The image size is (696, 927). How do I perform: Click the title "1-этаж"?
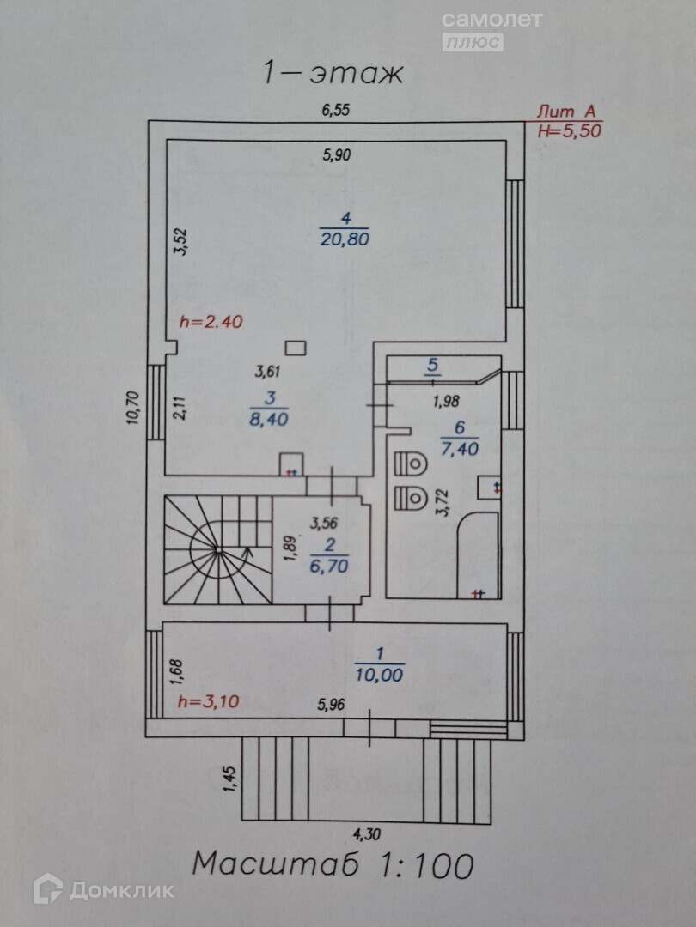pyautogui.click(x=333, y=74)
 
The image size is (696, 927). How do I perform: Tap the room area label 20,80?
pyautogui.click(x=344, y=239)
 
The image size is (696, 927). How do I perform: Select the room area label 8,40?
pyautogui.click(x=268, y=420)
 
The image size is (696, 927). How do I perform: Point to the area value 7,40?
pyautogui.click(x=460, y=447)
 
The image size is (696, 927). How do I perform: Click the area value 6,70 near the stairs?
pyautogui.click(x=330, y=566)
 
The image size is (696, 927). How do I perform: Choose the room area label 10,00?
pyautogui.click(x=378, y=675)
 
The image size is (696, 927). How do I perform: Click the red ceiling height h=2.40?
pyautogui.click(x=211, y=323)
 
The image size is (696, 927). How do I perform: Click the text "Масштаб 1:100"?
pyautogui.click(x=333, y=863)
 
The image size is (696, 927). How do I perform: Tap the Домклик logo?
pyautogui.click(x=104, y=889)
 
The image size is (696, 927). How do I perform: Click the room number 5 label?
pyautogui.click(x=432, y=366)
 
